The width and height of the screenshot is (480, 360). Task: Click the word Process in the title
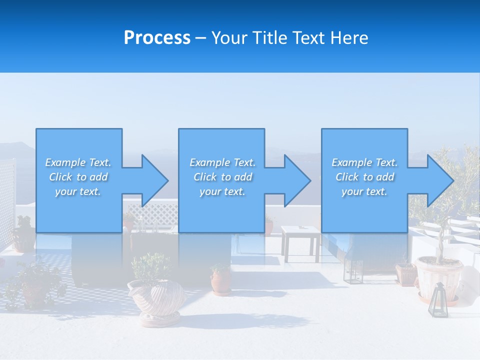pos(157,38)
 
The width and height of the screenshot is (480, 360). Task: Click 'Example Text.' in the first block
pos(78,162)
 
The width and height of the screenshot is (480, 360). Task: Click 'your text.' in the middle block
pos(222,191)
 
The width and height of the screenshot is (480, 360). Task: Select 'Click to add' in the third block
pos(364,177)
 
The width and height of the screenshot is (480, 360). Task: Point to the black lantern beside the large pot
pos(437,299)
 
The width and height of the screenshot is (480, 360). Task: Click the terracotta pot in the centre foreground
pos(220,281)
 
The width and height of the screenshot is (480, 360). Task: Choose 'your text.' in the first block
pos(78,191)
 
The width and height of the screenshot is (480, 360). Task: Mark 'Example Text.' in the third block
pos(364,162)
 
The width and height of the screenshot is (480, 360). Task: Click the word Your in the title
pos(230,38)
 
